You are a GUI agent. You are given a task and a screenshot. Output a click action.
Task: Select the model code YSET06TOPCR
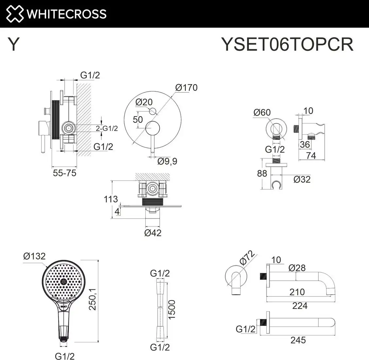(287, 44)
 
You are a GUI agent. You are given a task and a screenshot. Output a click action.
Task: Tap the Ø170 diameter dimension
(186, 88)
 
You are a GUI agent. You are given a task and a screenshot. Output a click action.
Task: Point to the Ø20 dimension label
(144, 102)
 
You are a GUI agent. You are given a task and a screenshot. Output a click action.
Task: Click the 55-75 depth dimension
(64, 173)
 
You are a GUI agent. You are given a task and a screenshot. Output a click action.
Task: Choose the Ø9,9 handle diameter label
(167, 161)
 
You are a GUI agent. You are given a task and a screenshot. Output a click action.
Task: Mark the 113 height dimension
(111, 199)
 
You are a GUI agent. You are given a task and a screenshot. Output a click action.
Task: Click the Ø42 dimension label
(153, 233)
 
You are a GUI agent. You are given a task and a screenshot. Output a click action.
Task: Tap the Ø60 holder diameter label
(262, 112)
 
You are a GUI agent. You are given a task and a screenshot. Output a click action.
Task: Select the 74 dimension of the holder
(311, 155)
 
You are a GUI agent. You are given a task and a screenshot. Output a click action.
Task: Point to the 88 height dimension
(262, 173)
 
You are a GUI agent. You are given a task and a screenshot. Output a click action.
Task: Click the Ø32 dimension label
(302, 179)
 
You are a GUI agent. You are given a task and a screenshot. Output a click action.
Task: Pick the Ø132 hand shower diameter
(34, 256)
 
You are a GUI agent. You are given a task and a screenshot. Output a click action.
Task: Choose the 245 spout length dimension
(298, 340)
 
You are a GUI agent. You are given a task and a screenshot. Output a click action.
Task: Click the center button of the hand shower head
(63, 282)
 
